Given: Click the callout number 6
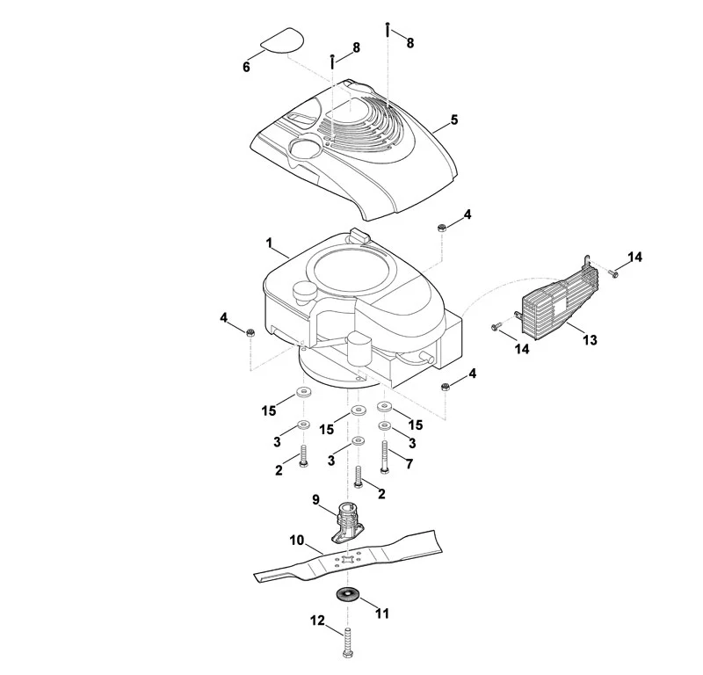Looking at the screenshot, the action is coord(246,68).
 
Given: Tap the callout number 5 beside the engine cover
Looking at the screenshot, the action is coord(454,120).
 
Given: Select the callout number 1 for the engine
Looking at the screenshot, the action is coord(269,243).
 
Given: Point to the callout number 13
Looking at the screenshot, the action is coord(590,340).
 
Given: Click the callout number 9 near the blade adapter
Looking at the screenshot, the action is coord(315,499).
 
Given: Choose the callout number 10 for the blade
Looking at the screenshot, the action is coord(297,541).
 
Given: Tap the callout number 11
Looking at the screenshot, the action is coord(382,613).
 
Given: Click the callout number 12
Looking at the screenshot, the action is coord(317,621).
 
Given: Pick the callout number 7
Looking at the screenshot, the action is coord(409,464).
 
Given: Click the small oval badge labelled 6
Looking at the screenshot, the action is coord(282,40).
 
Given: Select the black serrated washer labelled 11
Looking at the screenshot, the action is coord(347,595).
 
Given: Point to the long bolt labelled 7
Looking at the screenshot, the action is coord(384,456).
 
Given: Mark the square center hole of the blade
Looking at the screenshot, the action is coord(348,559).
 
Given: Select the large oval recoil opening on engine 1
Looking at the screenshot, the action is coord(355,271).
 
